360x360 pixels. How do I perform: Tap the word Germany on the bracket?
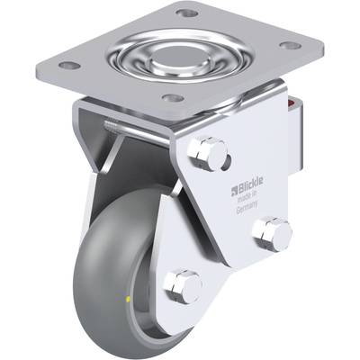247,207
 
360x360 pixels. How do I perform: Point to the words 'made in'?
248,196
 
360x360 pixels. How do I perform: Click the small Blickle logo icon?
234,191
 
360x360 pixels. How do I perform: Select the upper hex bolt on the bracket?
206,154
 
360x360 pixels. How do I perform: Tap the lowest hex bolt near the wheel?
183,286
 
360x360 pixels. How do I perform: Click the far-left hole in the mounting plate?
69,65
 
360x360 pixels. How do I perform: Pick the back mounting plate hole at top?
186,13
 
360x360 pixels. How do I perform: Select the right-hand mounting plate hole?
290,46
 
